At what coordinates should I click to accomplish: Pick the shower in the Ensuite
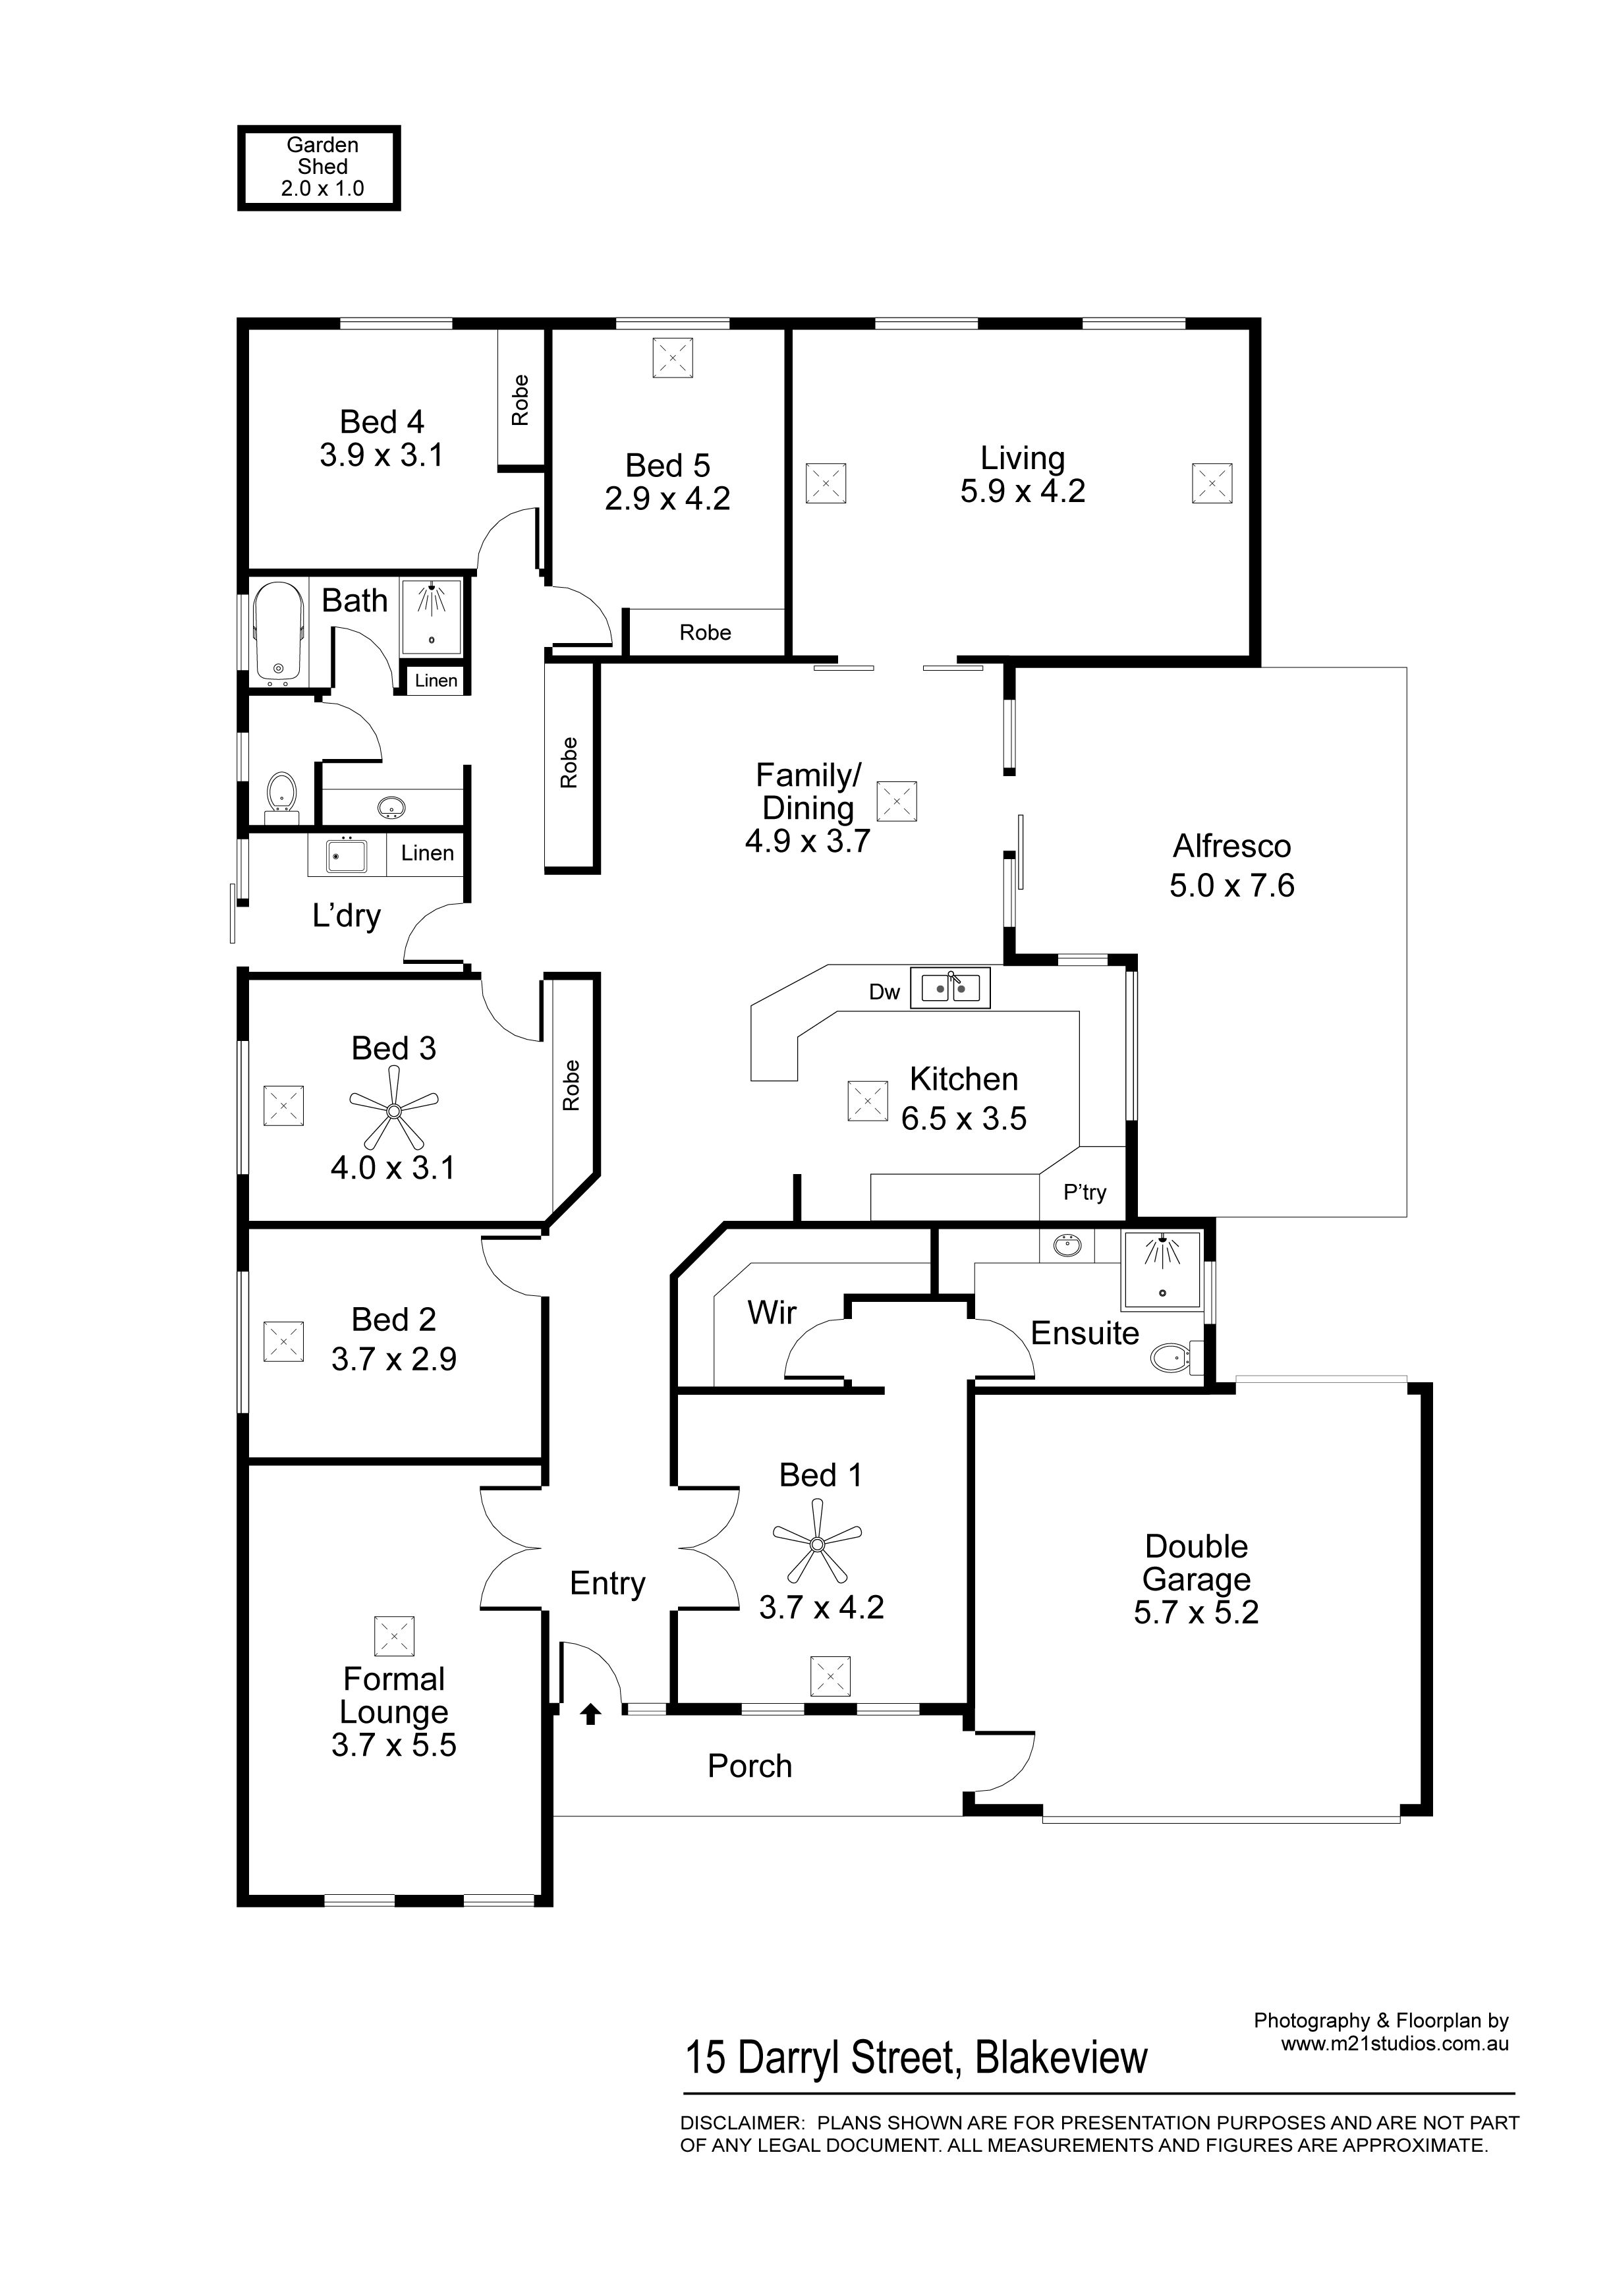point(1161,1270)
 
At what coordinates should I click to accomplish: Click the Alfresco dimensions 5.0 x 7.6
point(1231,885)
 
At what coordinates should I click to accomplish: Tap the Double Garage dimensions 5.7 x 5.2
point(1196,1612)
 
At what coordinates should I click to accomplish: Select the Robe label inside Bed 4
point(520,401)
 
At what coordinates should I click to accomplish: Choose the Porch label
point(750,1766)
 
